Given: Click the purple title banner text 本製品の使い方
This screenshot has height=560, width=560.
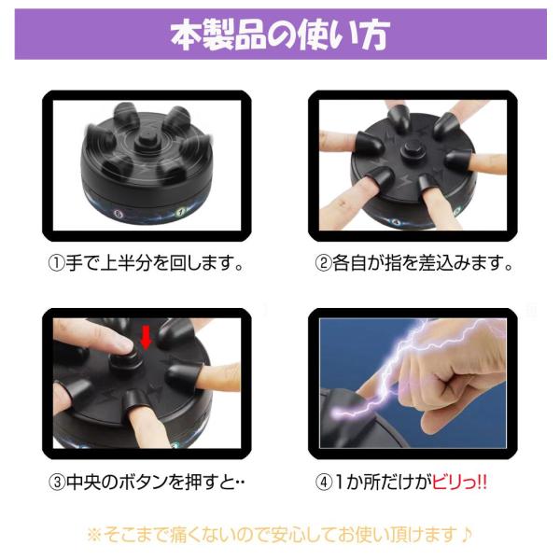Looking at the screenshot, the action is [280, 35].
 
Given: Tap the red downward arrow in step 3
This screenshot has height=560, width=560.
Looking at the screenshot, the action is [146, 337].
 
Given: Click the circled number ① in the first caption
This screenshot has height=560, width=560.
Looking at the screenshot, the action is [56, 263].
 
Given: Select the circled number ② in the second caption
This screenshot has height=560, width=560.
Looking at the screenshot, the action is [324, 263].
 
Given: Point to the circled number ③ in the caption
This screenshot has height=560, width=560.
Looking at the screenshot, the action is [56, 482].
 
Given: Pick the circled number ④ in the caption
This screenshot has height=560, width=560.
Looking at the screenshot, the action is [324, 482].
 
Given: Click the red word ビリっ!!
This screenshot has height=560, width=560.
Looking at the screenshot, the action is [460, 482].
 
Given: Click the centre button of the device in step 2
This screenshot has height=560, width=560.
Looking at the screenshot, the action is [411, 151].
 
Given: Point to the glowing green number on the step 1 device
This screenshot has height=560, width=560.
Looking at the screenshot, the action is [181, 212].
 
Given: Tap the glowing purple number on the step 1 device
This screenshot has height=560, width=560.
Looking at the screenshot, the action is [118, 214].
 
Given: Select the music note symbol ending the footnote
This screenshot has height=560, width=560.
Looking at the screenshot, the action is [465, 535].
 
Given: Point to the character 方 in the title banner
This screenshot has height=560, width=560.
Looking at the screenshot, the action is [375, 35].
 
